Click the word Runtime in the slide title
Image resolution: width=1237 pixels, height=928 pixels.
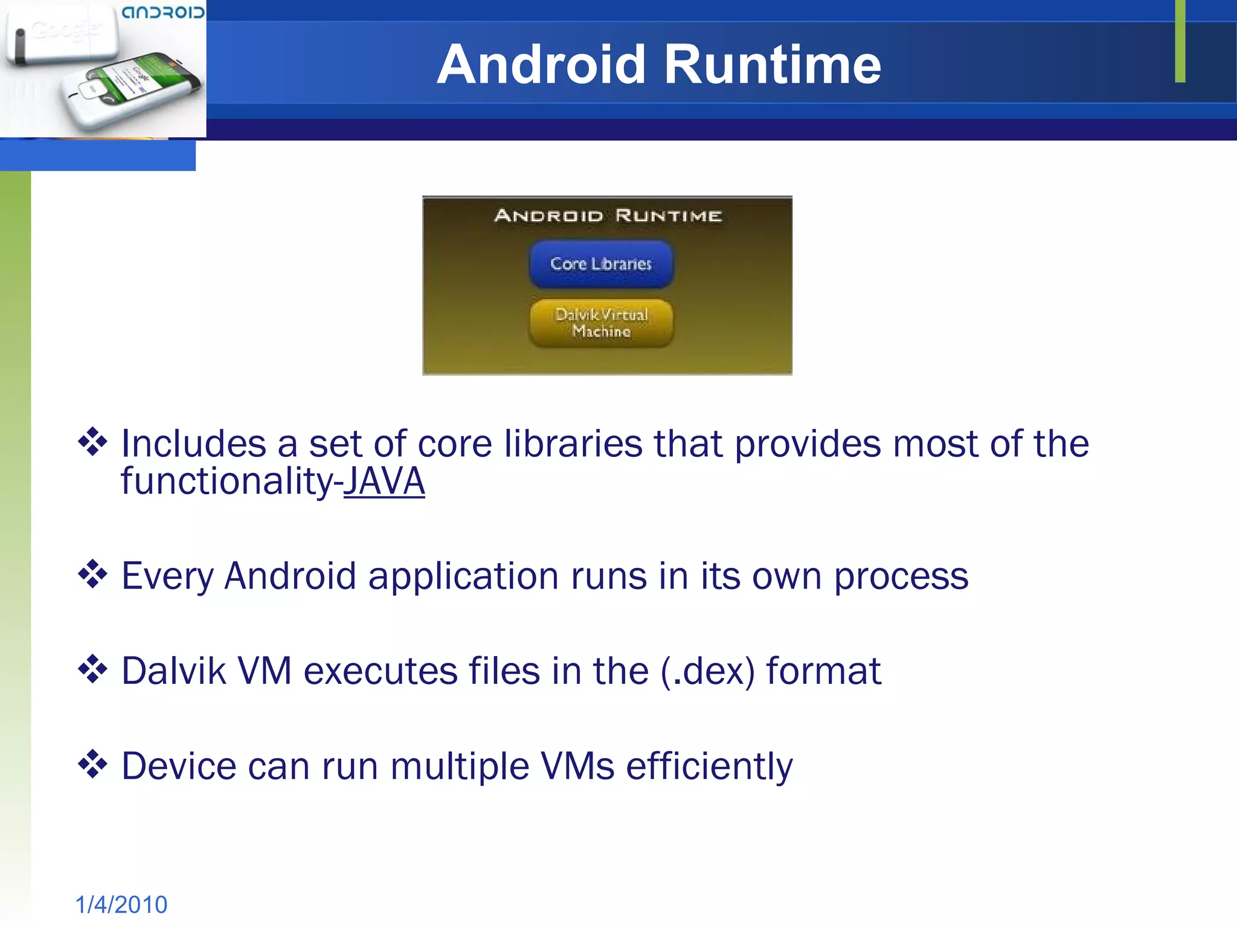[773, 65]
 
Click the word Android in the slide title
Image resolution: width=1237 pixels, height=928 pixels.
[541, 65]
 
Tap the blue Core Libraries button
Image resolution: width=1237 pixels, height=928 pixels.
[601, 264]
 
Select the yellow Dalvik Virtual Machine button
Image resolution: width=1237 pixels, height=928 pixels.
[601, 323]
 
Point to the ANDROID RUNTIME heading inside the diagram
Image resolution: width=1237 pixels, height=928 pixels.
[608, 216]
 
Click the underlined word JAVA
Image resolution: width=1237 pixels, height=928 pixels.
[384, 482]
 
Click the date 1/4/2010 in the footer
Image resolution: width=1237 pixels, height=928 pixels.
[121, 904]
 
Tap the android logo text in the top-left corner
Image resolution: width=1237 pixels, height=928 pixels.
[163, 12]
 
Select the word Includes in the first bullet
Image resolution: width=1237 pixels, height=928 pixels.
[193, 444]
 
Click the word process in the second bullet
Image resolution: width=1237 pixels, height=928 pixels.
[901, 576]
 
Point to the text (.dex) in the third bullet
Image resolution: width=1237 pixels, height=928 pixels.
[707, 671]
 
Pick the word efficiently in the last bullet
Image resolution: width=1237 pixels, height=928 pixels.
[709, 767]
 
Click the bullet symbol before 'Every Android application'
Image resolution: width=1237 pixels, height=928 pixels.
[92, 574]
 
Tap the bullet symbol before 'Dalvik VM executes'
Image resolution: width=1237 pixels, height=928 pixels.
[92, 669]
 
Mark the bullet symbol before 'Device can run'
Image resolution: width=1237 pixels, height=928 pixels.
[92, 764]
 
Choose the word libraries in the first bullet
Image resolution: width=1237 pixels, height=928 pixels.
[573, 444]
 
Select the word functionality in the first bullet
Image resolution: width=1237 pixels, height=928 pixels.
[227, 482]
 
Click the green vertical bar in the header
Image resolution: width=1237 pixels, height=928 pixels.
[1180, 41]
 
